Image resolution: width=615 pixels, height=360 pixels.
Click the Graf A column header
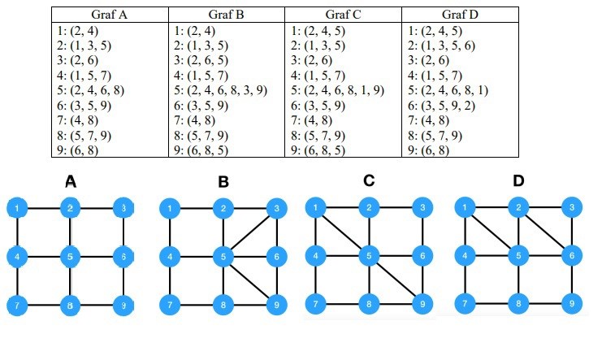point(110,15)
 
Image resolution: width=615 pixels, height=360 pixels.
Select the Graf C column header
point(342,15)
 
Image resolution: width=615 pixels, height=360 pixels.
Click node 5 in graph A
point(71,258)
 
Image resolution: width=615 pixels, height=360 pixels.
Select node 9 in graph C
point(422,306)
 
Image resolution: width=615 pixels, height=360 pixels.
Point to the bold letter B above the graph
point(223,183)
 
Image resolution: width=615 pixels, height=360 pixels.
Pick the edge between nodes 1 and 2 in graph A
point(45,209)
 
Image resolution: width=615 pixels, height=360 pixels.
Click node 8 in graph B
point(223,306)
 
